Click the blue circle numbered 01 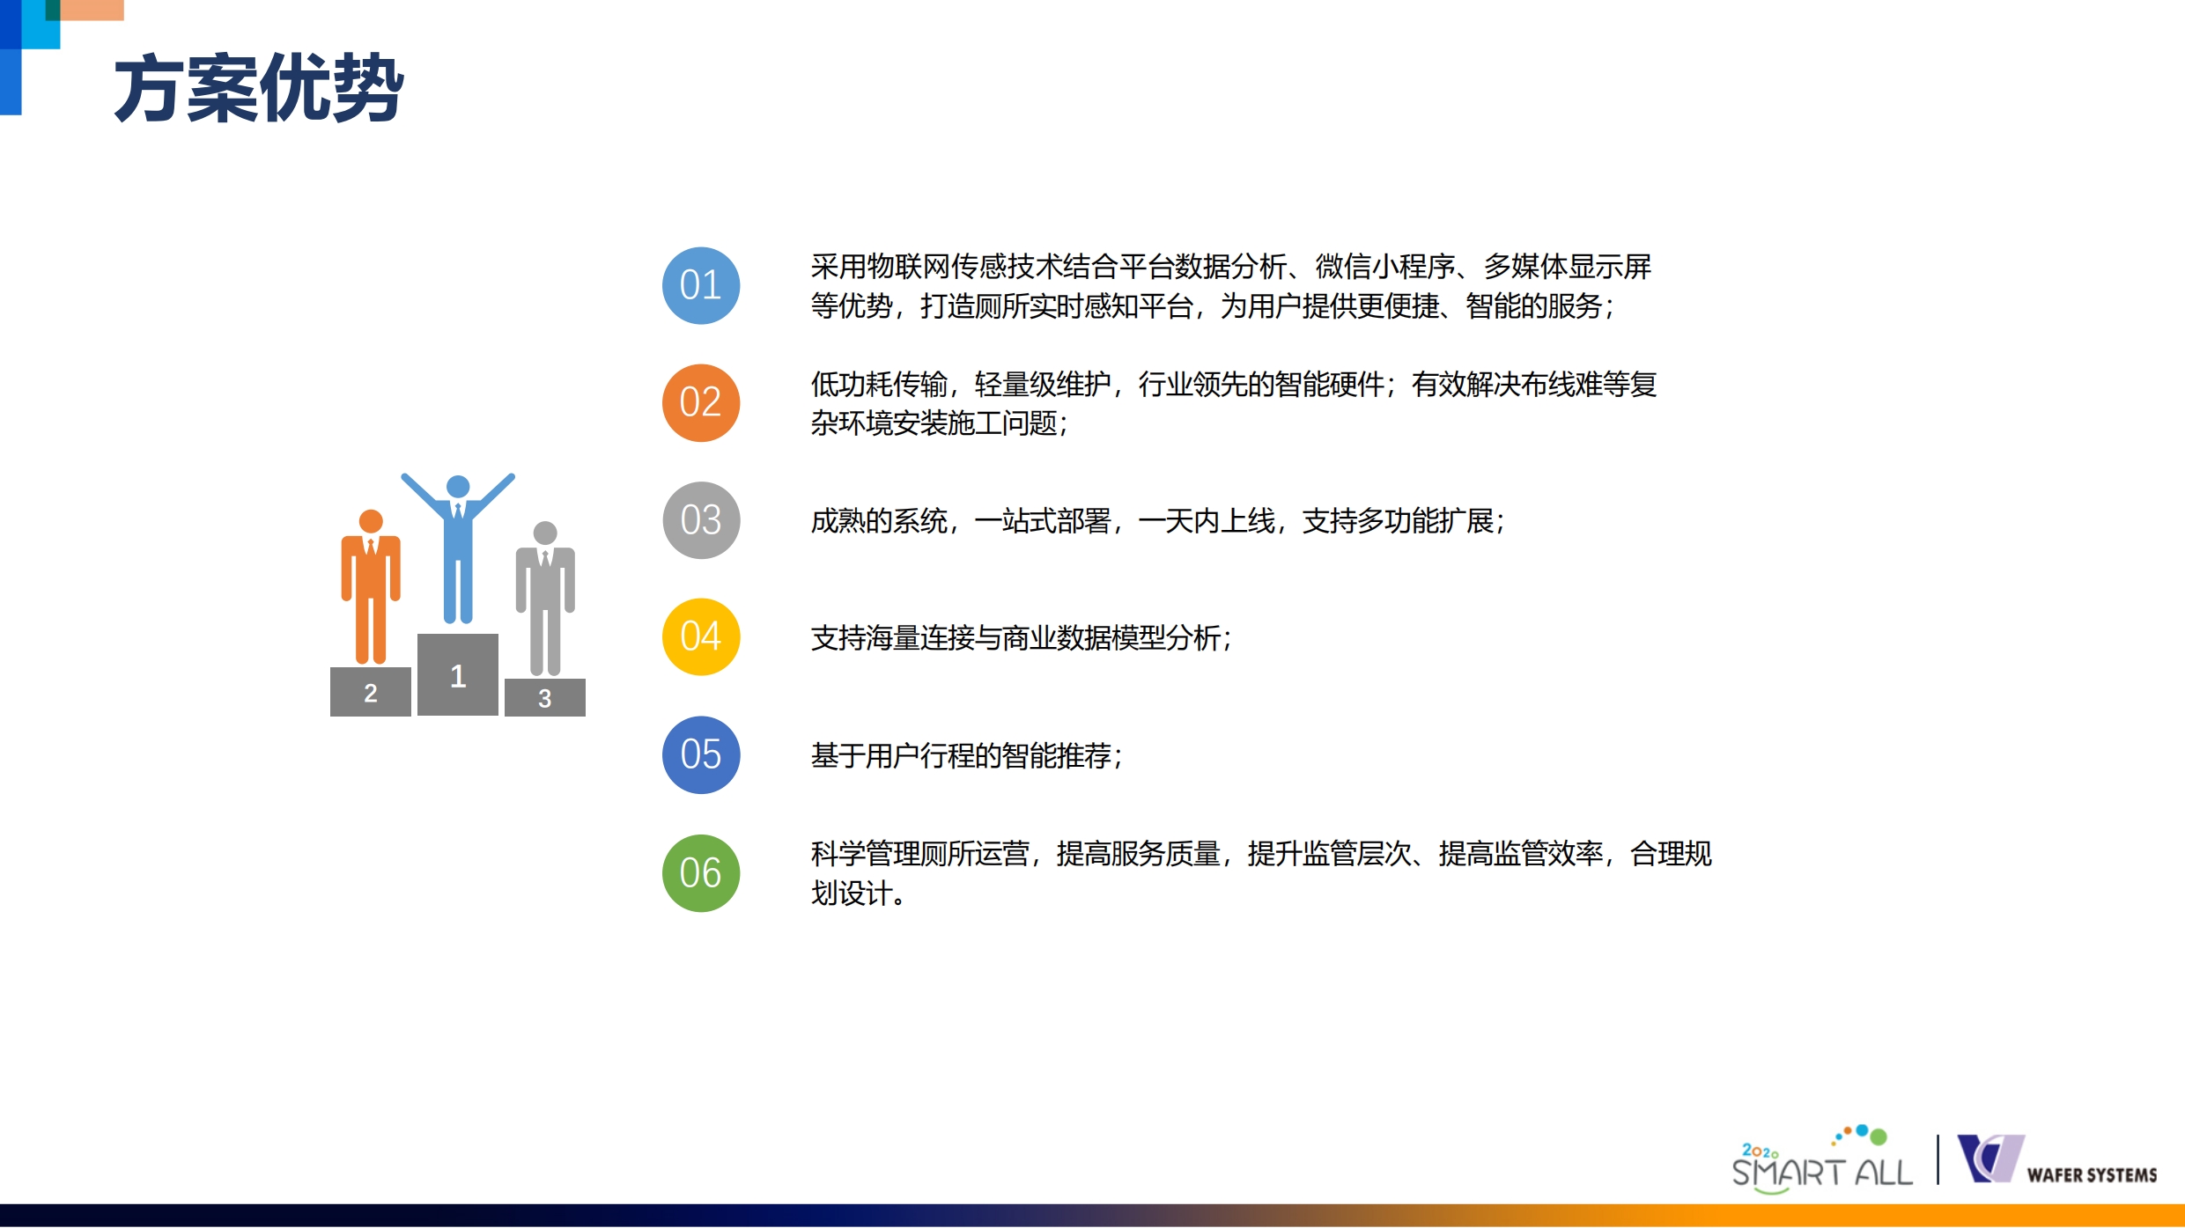tap(701, 285)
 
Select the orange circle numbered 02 tap(701, 403)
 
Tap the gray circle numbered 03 tap(701, 520)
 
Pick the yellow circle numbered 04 tap(701, 637)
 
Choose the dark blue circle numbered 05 tap(701, 755)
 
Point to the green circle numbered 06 tap(701, 873)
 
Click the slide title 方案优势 tap(259, 88)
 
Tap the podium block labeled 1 tap(458, 674)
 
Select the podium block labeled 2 tap(371, 692)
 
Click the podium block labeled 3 tap(545, 697)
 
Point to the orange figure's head tap(371, 521)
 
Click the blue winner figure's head tap(458, 487)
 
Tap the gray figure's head tap(545, 533)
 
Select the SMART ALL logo tap(1822, 1160)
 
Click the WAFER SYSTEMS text tap(2092, 1175)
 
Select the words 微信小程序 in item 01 tap(1385, 266)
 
